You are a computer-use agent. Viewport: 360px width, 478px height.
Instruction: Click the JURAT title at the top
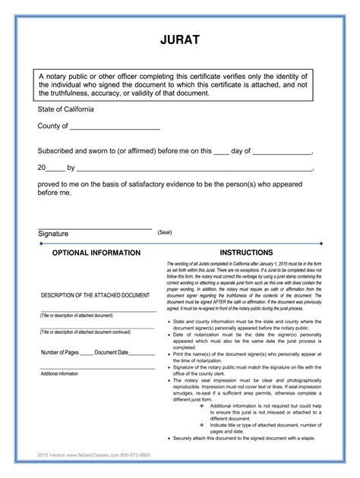tap(179, 39)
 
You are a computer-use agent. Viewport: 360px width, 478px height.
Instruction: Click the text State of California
tap(73, 110)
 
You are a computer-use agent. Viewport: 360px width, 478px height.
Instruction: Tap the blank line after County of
tap(115, 127)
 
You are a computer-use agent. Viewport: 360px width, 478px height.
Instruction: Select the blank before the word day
tap(221, 153)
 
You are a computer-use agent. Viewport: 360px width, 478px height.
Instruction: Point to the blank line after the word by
tap(194, 170)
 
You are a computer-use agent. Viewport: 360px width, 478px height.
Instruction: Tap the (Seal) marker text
tap(165, 232)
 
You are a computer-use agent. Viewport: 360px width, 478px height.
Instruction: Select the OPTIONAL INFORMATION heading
tap(96, 252)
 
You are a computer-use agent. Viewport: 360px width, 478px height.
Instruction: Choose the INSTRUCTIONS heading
tap(246, 252)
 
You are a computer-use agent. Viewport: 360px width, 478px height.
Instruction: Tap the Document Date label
tap(112, 353)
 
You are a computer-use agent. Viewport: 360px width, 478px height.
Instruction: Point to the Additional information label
tap(59, 374)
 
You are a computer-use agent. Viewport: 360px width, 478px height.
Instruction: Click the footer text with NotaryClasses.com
tap(89, 454)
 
